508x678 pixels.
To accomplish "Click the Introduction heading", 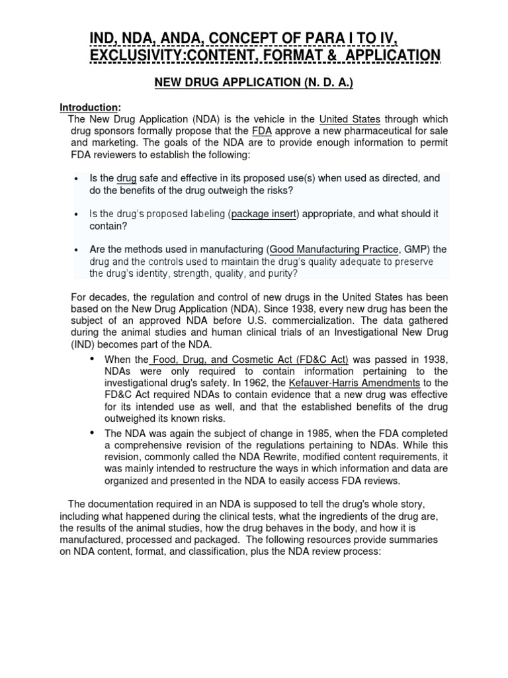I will (x=89, y=107).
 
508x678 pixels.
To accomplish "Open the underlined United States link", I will (x=349, y=119).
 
